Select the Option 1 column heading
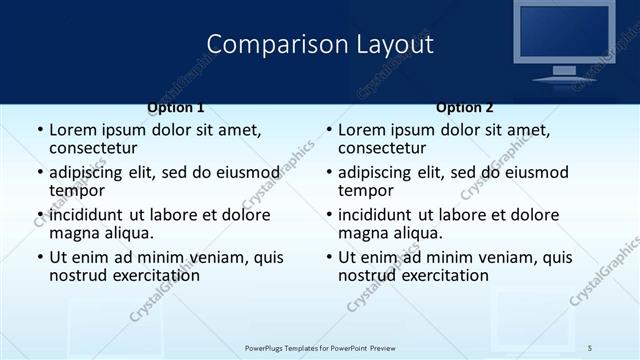[x=176, y=107]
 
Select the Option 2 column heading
[x=464, y=107]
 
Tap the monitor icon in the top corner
[x=563, y=40]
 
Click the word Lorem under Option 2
[x=362, y=130]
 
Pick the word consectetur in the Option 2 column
[x=382, y=149]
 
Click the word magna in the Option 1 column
[x=74, y=233]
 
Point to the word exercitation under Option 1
[x=154, y=275]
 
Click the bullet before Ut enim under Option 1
[x=40, y=257]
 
